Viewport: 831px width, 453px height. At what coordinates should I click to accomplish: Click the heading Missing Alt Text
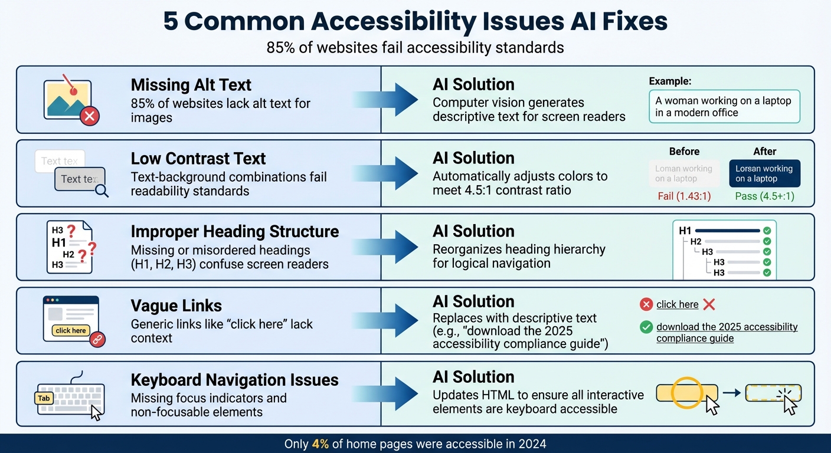(x=191, y=85)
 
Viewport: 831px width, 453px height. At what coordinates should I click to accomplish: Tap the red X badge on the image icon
(x=89, y=116)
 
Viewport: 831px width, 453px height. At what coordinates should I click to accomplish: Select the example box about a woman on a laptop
(x=724, y=106)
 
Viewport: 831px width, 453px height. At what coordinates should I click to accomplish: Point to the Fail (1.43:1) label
(x=685, y=196)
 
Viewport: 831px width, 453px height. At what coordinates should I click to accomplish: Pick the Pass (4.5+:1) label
(x=764, y=196)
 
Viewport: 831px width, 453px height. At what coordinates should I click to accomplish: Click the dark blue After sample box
(x=764, y=173)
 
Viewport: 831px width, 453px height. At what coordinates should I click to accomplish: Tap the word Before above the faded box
(x=685, y=151)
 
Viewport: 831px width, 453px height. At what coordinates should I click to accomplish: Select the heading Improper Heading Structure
(x=234, y=231)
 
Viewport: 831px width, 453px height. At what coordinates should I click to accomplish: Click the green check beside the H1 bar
(x=767, y=231)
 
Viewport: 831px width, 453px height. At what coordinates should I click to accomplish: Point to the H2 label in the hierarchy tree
(x=696, y=241)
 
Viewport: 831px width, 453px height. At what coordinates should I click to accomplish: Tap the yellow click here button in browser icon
(x=71, y=330)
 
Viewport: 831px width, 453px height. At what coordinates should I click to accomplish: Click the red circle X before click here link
(x=646, y=304)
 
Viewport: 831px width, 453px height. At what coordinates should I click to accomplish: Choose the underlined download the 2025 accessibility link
(x=727, y=332)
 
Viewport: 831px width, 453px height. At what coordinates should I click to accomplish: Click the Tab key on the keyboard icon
(x=44, y=398)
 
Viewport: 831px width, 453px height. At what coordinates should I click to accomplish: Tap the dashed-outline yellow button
(x=773, y=393)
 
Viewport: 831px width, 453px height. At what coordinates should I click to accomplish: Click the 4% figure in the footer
(x=320, y=444)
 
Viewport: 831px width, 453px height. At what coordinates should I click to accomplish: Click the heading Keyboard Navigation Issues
(x=234, y=380)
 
